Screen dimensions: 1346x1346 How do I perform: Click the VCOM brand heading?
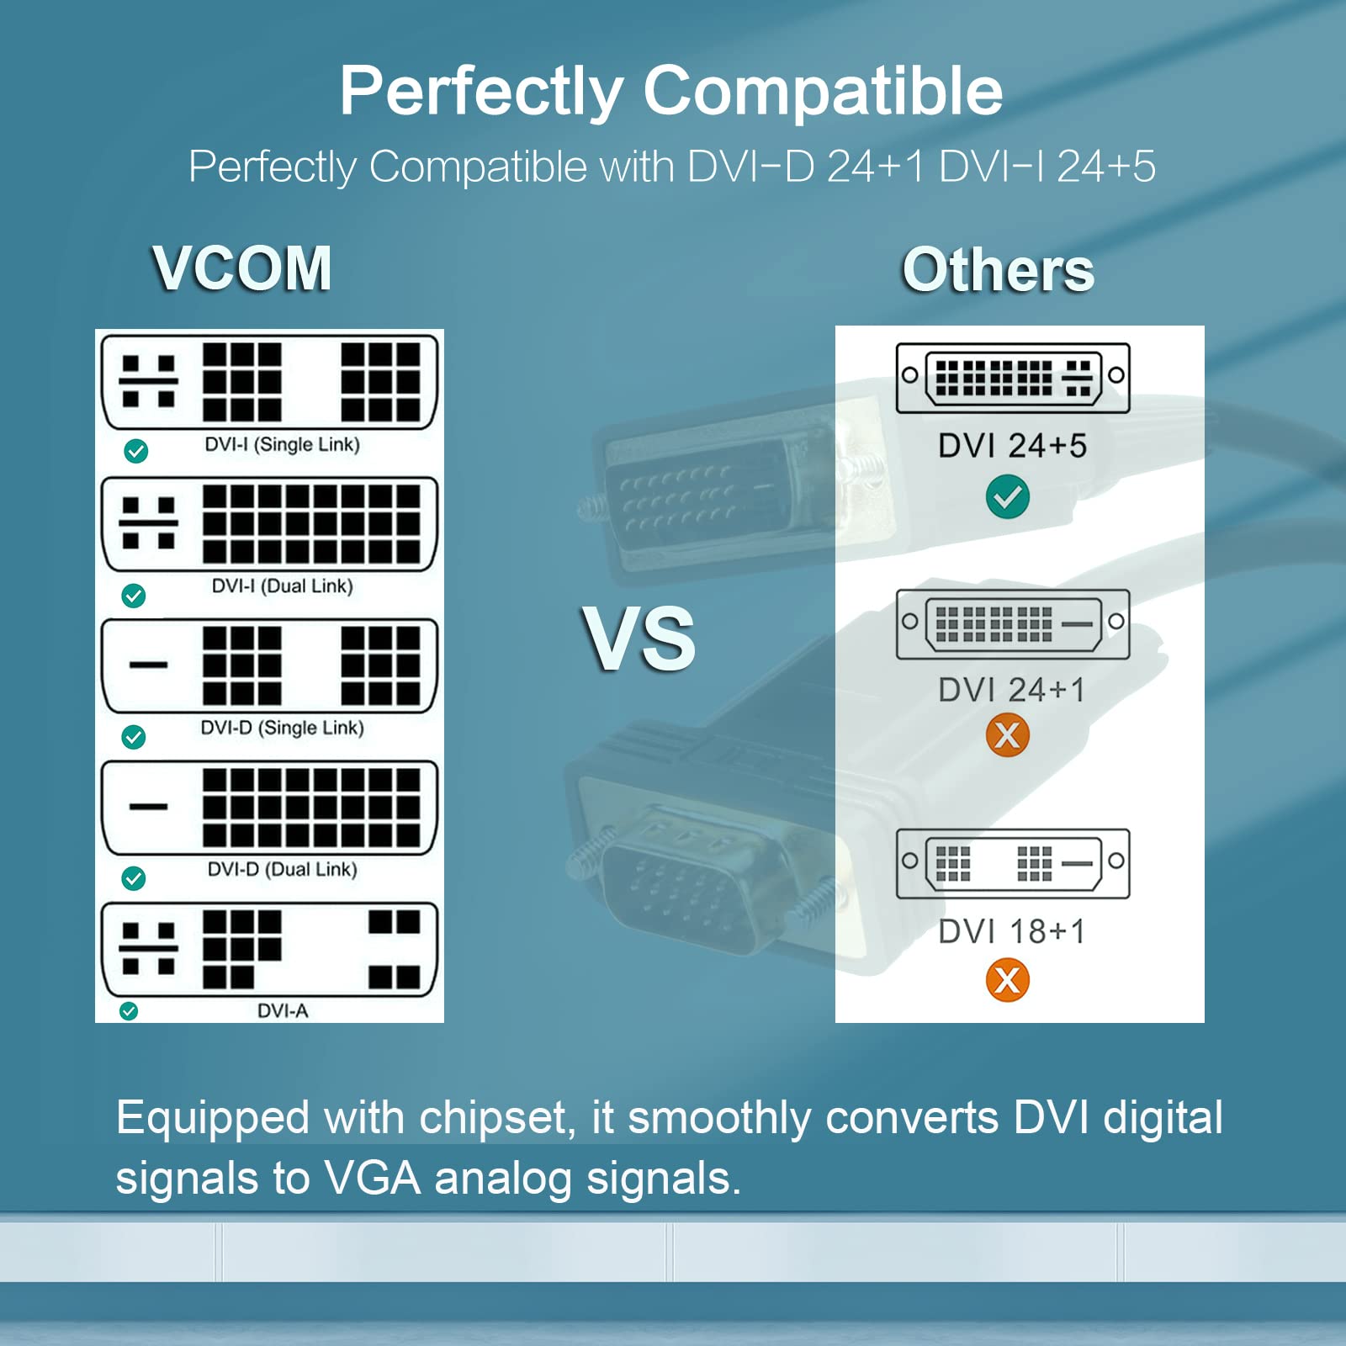click(x=242, y=268)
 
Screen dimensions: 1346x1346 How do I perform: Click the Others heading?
click(x=998, y=270)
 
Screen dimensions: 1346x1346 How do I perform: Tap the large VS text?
click(x=639, y=639)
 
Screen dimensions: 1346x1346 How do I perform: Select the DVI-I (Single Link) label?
click(x=282, y=444)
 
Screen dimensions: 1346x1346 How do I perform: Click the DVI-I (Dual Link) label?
click(x=282, y=586)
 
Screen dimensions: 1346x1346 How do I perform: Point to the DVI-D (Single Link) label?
click(x=282, y=728)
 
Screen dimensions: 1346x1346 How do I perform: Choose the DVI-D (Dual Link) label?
click(x=282, y=869)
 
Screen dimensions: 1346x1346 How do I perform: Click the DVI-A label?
click(x=283, y=1010)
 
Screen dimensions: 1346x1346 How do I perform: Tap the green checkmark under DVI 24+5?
click(x=1007, y=496)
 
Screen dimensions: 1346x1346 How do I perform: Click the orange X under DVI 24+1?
click(x=1007, y=735)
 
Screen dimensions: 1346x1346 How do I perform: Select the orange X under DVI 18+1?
click(x=1007, y=980)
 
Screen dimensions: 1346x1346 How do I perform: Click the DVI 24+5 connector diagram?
click(x=1012, y=377)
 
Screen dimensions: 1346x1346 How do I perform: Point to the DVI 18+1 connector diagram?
click(x=1012, y=863)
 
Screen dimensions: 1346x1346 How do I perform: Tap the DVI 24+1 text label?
click(x=1012, y=690)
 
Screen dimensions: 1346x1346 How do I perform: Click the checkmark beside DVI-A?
click(x=129, y=1010)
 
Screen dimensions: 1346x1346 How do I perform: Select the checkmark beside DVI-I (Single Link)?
click(x=135, y=451)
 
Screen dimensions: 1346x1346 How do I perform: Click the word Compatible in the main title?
click(x=822, y=91)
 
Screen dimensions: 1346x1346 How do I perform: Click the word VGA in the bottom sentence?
click(x=372, y=1178)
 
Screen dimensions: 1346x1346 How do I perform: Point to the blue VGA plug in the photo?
click(x=681, y=892)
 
